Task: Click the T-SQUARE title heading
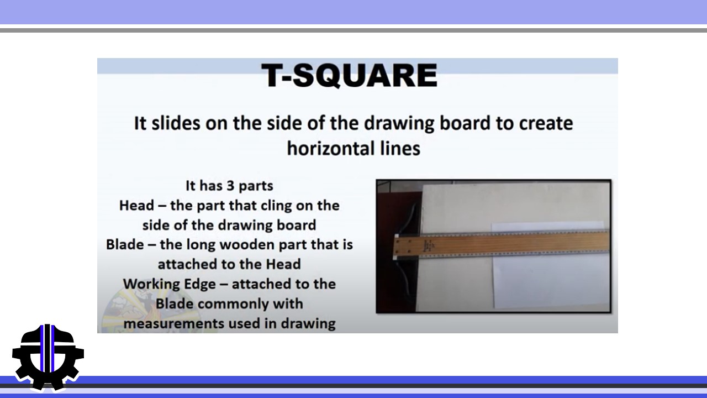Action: click(350, 75)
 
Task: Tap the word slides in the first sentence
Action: click(176, 123)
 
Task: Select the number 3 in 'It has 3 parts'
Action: click(230, 186)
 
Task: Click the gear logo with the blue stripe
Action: click(48, 358)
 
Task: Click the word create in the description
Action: click(546, 123)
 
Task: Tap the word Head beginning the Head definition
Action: click(136, 206)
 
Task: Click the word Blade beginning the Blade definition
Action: click(125, 245)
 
